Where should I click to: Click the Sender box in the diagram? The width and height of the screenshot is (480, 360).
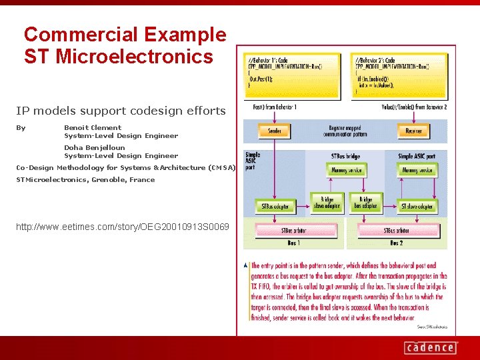(274, 131)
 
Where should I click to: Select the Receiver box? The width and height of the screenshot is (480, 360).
(414, 131)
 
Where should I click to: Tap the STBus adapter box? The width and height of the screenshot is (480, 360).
(274, 206)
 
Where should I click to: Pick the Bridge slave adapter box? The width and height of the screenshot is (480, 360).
(327, 202)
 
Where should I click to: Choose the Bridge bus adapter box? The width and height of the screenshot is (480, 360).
(366, 202)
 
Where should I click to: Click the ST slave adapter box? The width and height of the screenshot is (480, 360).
(417, 206)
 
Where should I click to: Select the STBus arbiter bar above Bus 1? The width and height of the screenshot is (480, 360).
(295, 231)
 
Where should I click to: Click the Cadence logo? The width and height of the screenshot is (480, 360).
(430, 347)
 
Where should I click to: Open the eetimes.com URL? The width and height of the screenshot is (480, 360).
(122, 227)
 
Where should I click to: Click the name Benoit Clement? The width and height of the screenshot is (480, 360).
(93, 127)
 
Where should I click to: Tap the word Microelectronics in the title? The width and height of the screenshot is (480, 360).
(135, 57)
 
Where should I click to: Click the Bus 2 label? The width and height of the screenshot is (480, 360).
(397, 243)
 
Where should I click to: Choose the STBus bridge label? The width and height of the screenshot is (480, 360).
(346, 155)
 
